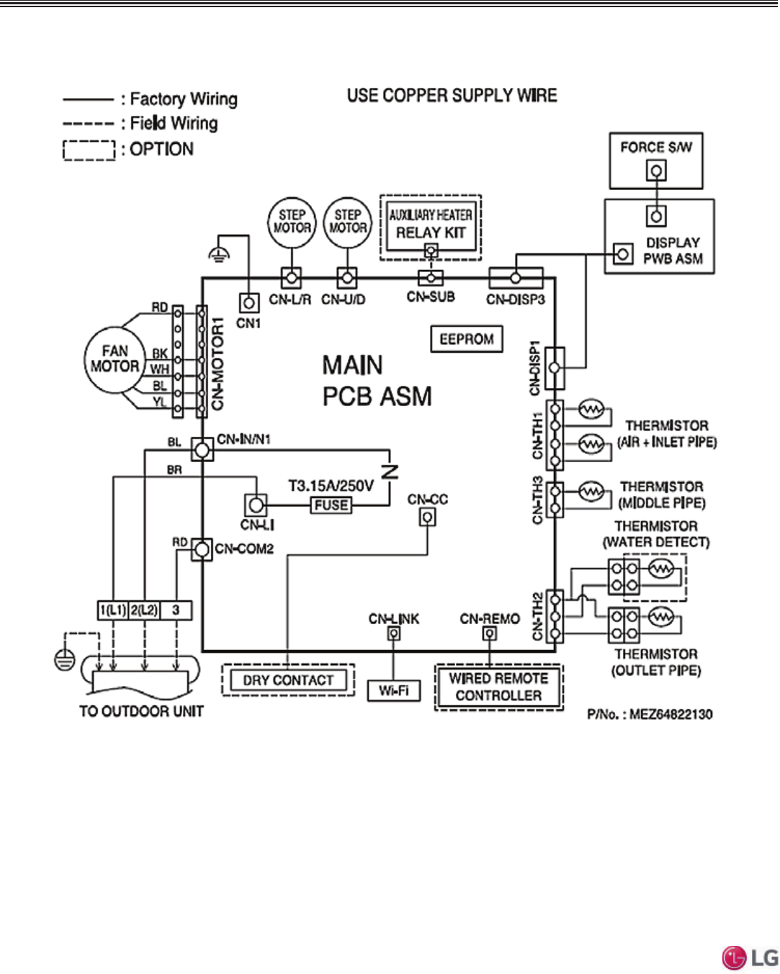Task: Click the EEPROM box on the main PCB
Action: point(466,339)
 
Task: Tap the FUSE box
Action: point(331,505)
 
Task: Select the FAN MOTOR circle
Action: point(115,359)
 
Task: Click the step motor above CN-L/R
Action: point(292,222)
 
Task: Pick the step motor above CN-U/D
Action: point(347,222)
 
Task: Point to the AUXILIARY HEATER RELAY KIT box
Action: point(431,225)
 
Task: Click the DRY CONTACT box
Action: point(288,680)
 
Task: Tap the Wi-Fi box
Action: point(393,691)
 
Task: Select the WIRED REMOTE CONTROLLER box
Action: point(498,687)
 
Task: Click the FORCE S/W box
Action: point(655,159)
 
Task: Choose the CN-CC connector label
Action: point(427,500)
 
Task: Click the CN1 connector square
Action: point(248,303)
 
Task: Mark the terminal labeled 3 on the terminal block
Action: point(176,610)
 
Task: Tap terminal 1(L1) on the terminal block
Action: point(113,610)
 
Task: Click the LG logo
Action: point(750,957)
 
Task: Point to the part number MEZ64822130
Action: point(650,715)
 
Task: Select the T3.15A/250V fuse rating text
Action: point(331,486)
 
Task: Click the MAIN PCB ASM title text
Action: point(377,381)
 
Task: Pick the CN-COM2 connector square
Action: point(202,550)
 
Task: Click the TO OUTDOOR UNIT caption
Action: point(141,711)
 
